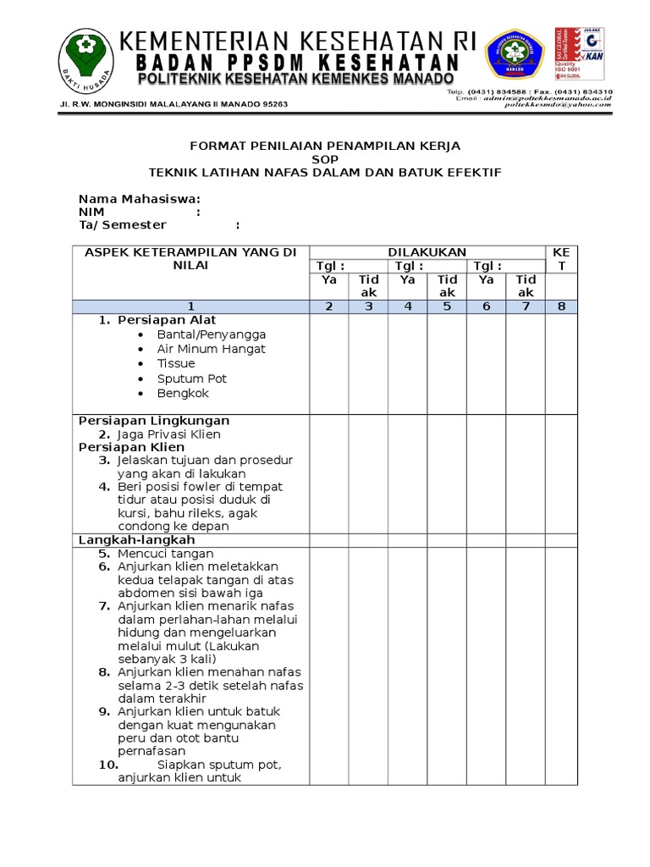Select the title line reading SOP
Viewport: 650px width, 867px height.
pyautogui.click(x=324, y=159)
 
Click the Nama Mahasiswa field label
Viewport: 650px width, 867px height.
pyautogui.click(x=140, y=199)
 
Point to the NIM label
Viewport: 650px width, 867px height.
pyautogui.click(x=91, y=212)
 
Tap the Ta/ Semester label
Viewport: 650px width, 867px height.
pyautogui.click(x=122, y=225)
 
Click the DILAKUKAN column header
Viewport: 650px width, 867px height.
pyautogui.click(x=427, y=252)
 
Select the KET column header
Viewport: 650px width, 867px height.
pyautogui.click(x=561, y=259)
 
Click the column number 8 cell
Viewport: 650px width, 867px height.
pyautogui.click(x=561, y=306)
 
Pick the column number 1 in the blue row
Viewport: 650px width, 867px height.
pyautogui.click(x=190, y=306)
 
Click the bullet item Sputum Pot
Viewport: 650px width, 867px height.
pyautogui.click(x=191, y=378)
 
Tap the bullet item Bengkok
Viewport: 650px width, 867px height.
pyautogui.click(x=182, y=394)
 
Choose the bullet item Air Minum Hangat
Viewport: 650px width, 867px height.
pyautogui.click(x=211, y=349)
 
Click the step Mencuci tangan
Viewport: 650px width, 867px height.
pyautogui.click(x=165, y=554)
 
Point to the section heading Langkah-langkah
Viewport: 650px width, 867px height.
pyautogui.click(x=137, y=540)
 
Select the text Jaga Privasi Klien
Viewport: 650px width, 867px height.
pyautogui.click(x=168, y=434)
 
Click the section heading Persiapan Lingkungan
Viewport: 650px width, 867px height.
pyautogui.click(x=154, y=421)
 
